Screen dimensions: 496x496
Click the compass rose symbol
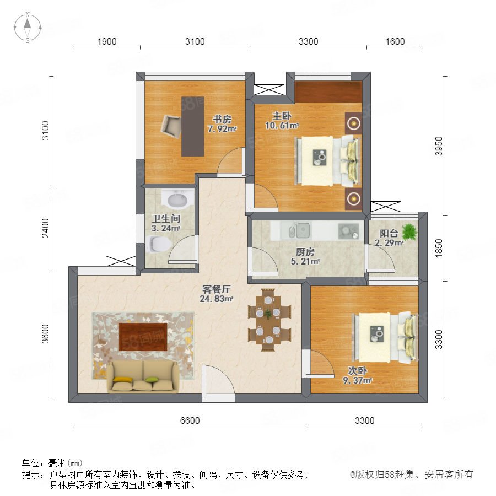click(28, 28)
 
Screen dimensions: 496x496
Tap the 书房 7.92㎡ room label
click(222, 124)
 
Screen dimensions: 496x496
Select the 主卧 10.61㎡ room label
click(282, 121)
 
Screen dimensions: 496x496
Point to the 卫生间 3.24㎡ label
click(166, 223)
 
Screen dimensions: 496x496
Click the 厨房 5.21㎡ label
click(305, 256)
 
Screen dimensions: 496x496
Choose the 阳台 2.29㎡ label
click(389, 238)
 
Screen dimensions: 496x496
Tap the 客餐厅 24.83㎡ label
click(217, 294)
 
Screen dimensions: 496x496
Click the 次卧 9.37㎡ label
click(358, 375)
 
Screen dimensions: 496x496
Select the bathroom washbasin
click(177, 198)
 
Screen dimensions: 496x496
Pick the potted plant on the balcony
click(409, 232)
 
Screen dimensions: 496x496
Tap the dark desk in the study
click(193, 127)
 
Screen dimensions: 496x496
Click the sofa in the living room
click(143, 376)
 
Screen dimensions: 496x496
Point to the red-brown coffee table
click(143, 337)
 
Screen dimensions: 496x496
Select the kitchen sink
click(299, 230)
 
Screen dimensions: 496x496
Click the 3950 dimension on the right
click(439, 146)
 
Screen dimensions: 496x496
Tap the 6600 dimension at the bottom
click(190, 420)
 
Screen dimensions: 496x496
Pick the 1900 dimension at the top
click(106, 41)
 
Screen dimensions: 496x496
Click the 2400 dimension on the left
click(46, 228)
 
